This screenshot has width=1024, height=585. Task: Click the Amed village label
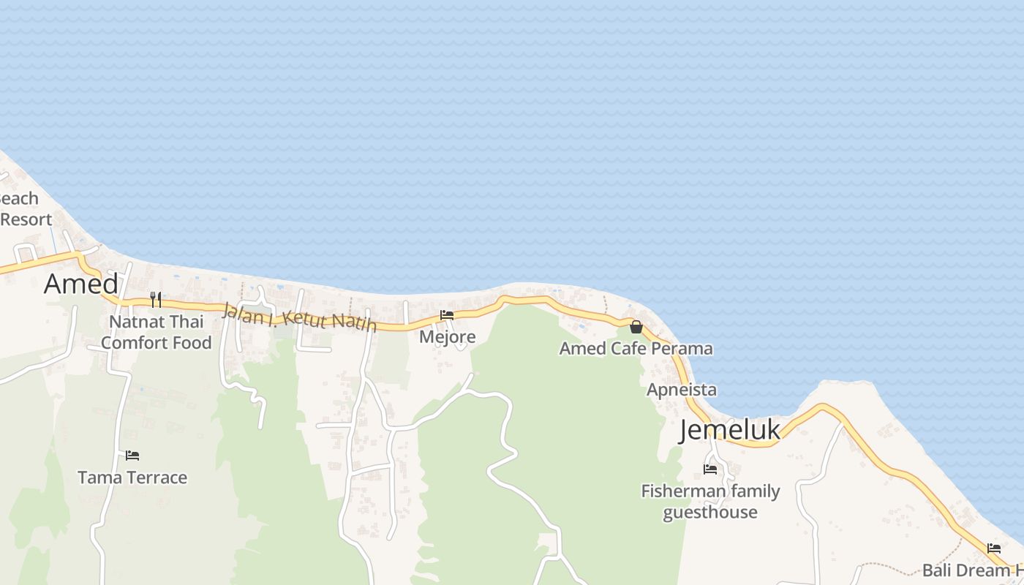pyautogui.click(x=80, y=284)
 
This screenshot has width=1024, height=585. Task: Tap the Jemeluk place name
pyautogui.click(x=730, y=430)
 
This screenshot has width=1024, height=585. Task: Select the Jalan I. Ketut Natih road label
pyautogui.click(x=299, y=317)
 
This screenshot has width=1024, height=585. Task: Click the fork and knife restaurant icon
pyautogui.click(x=155, y=300)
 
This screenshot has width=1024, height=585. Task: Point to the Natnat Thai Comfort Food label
pyautogui.click(x=157, y=332)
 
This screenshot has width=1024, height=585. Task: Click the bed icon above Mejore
pyautogui.click(x=447, y=315)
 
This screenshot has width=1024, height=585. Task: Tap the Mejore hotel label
pyautogui.click(x=447, y=337)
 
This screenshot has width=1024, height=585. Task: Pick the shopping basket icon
pyautogui.click(x=636, y=327)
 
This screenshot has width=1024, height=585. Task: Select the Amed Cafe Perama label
pyautogui.click(x=636, y=349)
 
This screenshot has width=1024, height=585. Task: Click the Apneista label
pyautogui.click(x=681, y=390)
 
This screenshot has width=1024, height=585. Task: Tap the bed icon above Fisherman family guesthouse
pyautogui.click(x=709, y=469)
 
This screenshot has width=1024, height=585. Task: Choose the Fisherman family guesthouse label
pyautogui.click(x=710, y=502)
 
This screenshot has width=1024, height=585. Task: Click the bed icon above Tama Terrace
pyautogui.click(x=132, y=456)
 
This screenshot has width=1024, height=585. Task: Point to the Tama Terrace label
pyautogui.click(x=132, y=478)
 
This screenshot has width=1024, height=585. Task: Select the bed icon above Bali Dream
pyautogui.click(x=993, y=548)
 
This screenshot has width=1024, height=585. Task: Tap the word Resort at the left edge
pyautogui.click(x=26, y=219)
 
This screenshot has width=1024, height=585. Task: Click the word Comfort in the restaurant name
pyautogui.click(x=134, y=343)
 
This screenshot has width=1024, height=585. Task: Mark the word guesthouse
pyautogui.click(x=709, y=512)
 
